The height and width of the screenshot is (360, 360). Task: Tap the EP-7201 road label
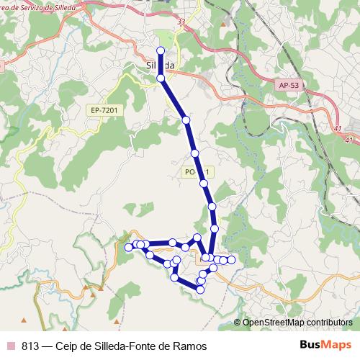click(104, 110)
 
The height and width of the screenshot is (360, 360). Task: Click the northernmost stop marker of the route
click(161, 50)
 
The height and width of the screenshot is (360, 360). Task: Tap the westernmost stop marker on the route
click(129, 247)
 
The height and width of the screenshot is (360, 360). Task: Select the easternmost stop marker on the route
click(231, 259)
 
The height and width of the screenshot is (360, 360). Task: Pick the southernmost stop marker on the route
click(201, 289)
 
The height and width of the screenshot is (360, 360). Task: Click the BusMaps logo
click(325, 345)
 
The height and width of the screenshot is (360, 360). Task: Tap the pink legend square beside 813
click(11, 346)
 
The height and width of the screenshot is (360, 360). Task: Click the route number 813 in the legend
click(31, 346)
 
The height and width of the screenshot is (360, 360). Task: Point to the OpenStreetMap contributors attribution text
click(297, 323)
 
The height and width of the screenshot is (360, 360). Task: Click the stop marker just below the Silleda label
click(161, 77)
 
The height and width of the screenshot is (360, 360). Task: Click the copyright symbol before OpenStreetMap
click(238, 323)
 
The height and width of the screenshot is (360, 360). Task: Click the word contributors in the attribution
click(328, 323)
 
